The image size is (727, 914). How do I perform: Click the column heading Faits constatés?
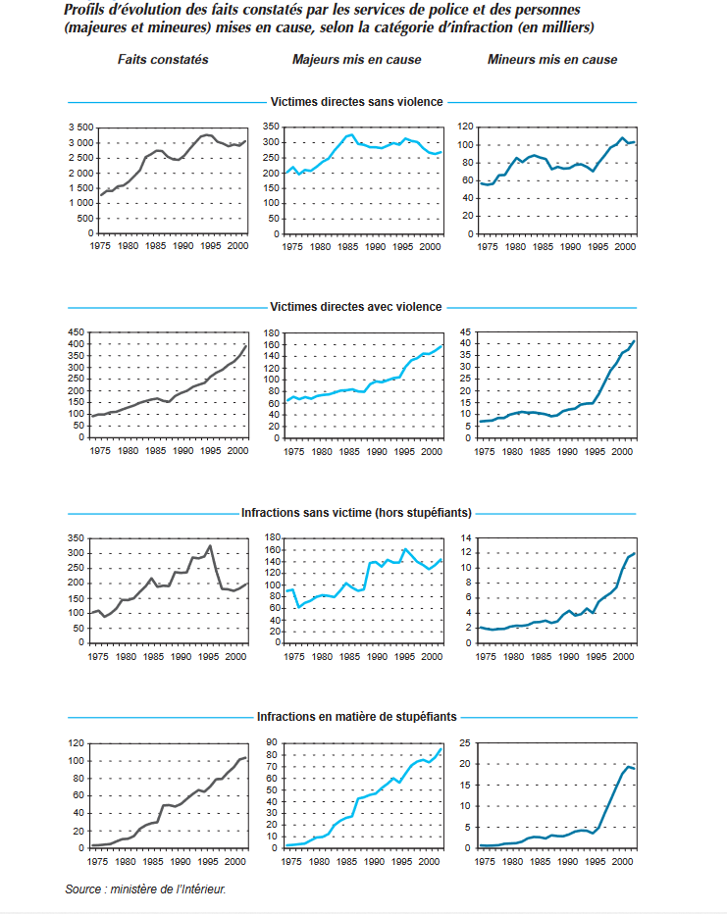[163, 60]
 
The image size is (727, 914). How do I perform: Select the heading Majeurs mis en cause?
[356, 60]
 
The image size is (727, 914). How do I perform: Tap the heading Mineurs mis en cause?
[552, 60]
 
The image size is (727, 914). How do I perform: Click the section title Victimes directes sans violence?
[356, 101]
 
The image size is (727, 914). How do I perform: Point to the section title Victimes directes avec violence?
[356, 307]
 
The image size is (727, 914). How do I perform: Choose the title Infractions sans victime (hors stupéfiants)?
[356, 512]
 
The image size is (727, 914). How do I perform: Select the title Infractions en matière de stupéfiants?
[356, 717]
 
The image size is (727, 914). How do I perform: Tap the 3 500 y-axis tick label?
[80, 127]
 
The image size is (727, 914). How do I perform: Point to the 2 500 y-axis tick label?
[80, 158]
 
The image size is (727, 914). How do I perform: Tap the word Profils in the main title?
[85, 10]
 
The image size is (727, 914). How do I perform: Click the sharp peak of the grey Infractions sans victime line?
[210, 546]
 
